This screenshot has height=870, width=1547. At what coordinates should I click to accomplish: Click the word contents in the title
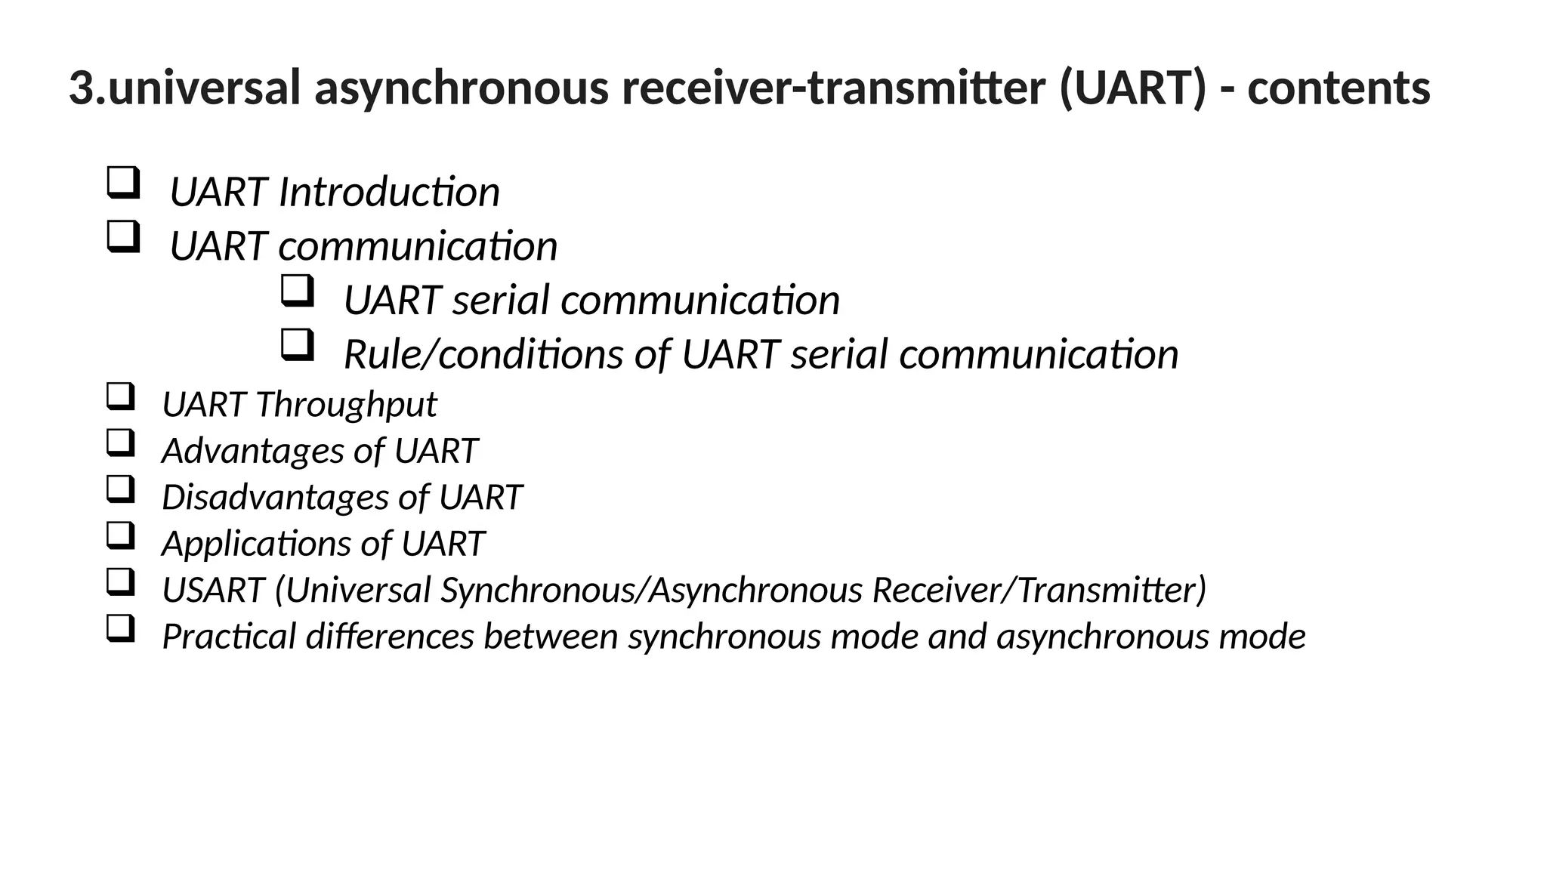click(1339, 88)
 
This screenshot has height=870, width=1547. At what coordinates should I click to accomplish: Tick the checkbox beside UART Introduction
click(123, 183)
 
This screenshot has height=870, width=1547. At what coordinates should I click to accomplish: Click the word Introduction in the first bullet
click(389, 192)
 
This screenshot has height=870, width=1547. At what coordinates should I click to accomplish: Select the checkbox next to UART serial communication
click(297, 291)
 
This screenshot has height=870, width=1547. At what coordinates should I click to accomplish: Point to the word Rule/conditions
click(483, 354)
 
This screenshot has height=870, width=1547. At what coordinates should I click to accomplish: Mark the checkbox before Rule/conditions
click(297, 345)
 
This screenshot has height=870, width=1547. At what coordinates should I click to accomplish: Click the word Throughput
click(346, 405)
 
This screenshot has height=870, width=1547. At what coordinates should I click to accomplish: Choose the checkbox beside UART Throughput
click(120, 396)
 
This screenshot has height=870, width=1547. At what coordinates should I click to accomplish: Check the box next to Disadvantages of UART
click(120, 489)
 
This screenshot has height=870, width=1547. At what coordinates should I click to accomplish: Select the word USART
click(213, 591)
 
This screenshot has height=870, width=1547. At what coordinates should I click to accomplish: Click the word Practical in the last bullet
click(229, 637)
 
